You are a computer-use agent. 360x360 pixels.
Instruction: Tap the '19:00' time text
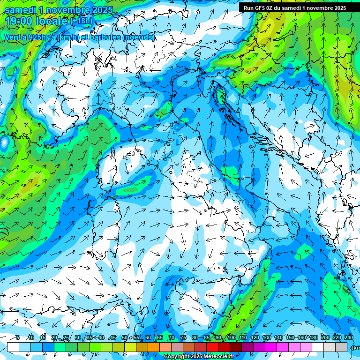[x=20, y=21]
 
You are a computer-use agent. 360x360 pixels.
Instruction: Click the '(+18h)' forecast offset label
[x=81, y=21]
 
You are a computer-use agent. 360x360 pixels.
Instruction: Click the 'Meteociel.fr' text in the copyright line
[x=222, y=357]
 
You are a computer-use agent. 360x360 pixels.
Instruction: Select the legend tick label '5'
[x=18, y=338]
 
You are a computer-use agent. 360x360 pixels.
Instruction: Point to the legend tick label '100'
[x=231, y=338]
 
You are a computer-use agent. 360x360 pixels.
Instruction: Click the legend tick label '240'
[x=349, y=338]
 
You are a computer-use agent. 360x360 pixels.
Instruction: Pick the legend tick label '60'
[x=148, y=338]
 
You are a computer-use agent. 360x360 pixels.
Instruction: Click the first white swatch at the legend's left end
[x=13, y=347]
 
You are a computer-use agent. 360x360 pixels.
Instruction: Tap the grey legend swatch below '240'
[x=341, y=347]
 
